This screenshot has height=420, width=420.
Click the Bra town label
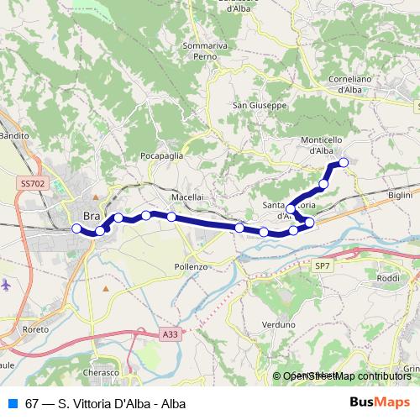tap(92, 216)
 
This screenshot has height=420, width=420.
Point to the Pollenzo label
tap(190, 266)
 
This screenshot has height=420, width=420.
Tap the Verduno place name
tap(279, 323)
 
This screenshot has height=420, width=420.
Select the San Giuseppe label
tap(260, 106)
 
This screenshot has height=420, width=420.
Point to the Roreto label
tap(36, 330)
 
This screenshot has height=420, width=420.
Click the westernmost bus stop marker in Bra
tap(76, 228)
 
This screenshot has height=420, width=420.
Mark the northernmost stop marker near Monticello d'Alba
tap(343, 162)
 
